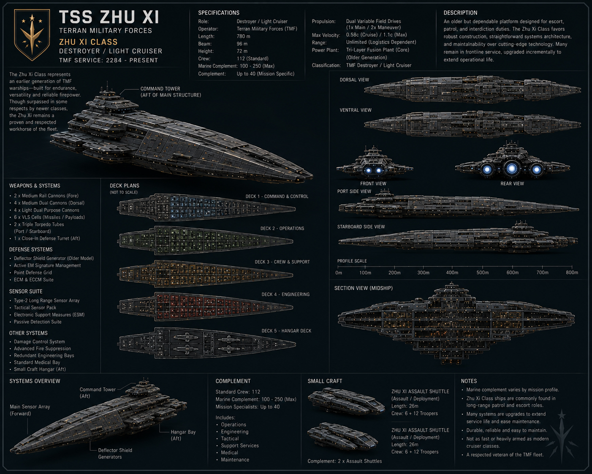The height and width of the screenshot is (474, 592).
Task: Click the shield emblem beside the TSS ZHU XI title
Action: point(32,35)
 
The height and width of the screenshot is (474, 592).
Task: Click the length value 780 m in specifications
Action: point(243,36)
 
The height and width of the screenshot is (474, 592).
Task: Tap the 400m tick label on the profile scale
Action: point(452,272)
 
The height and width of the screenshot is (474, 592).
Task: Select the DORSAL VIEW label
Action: point(354,80)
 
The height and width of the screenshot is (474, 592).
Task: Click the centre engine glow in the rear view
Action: point(512,168)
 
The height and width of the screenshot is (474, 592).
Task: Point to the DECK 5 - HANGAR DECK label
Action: point(286,331)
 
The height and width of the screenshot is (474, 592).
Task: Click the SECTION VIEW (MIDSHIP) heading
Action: point(364,288)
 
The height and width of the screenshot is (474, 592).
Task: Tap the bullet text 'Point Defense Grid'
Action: point(33,272)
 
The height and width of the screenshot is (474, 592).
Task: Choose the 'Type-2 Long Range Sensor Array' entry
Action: point(47,301)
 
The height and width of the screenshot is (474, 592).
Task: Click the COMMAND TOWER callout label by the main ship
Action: point(171,92)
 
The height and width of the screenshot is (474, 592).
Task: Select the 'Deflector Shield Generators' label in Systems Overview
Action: point(115,454)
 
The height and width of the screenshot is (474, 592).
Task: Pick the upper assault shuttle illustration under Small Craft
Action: point(346,401)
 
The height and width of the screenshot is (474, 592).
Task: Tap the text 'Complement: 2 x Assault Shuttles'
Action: point(345,461)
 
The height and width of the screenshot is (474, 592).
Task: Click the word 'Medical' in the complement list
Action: point(229,452)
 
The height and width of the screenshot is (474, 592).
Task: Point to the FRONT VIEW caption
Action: point(373,184)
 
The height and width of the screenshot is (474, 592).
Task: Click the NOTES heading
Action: point(469,381)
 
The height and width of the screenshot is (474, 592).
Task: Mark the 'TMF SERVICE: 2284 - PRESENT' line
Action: point(109,60)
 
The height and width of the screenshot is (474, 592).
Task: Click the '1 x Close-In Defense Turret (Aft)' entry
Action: point(47,238)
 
